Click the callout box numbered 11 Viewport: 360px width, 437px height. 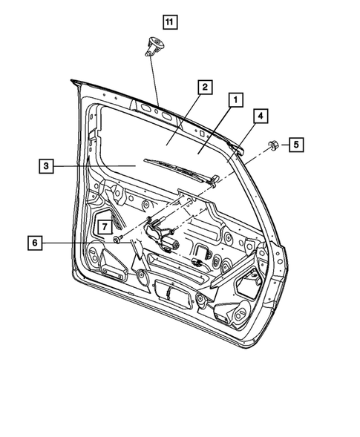coord(169,22)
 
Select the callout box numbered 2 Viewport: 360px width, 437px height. coord(201,86)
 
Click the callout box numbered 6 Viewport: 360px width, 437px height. coord(34,242)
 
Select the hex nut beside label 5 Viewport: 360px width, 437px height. coord(271,145)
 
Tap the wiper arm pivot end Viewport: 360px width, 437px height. coord(214,179)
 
